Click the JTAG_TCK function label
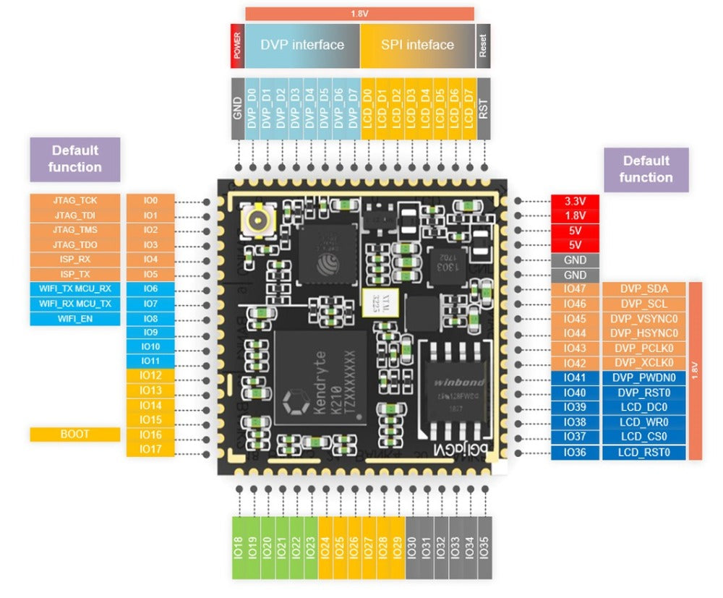[74, 200]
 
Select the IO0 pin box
[150, 200]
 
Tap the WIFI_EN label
[74, 318]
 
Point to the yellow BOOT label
[74, 435]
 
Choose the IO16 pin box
[150, 435]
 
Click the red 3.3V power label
[575, 201]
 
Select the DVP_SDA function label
[643, 289]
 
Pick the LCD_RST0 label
[643, 453]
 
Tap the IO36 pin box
[575, 453]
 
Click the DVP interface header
[302, 45]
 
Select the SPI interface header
[417, 45]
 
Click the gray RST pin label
[484, 108]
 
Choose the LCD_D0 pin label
[367, 108]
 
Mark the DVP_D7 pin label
[353, 108]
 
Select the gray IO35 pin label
[484, 547]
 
